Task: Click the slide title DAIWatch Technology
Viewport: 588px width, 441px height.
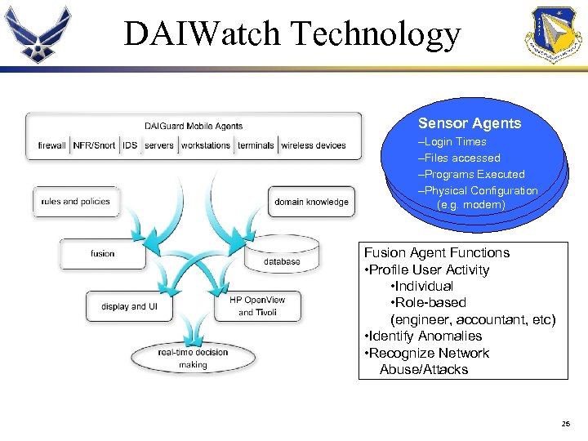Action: coord(292,33)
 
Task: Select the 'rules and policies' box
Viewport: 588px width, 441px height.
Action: coord(75,202)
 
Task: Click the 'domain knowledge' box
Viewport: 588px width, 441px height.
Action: coord(311,202)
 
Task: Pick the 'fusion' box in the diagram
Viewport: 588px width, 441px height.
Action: coord(103,253)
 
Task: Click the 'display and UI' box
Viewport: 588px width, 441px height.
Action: coord(124,306)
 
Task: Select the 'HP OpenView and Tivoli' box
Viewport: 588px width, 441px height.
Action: coord(257,305)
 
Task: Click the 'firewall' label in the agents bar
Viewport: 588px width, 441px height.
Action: coord(52,145)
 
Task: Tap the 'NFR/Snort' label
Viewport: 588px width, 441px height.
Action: coord(95,145)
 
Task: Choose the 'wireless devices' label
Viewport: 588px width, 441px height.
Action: coord(314,145)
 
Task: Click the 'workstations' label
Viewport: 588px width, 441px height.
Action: coord(206,145)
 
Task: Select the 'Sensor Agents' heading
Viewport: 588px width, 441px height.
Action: coord(470,123)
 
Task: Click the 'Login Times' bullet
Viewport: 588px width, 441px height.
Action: coord(452,142)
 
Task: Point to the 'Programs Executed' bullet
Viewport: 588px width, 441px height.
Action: coord(471,174)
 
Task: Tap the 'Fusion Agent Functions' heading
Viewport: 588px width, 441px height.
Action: coord(437,253)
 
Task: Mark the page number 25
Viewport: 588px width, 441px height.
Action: coord(566,423)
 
